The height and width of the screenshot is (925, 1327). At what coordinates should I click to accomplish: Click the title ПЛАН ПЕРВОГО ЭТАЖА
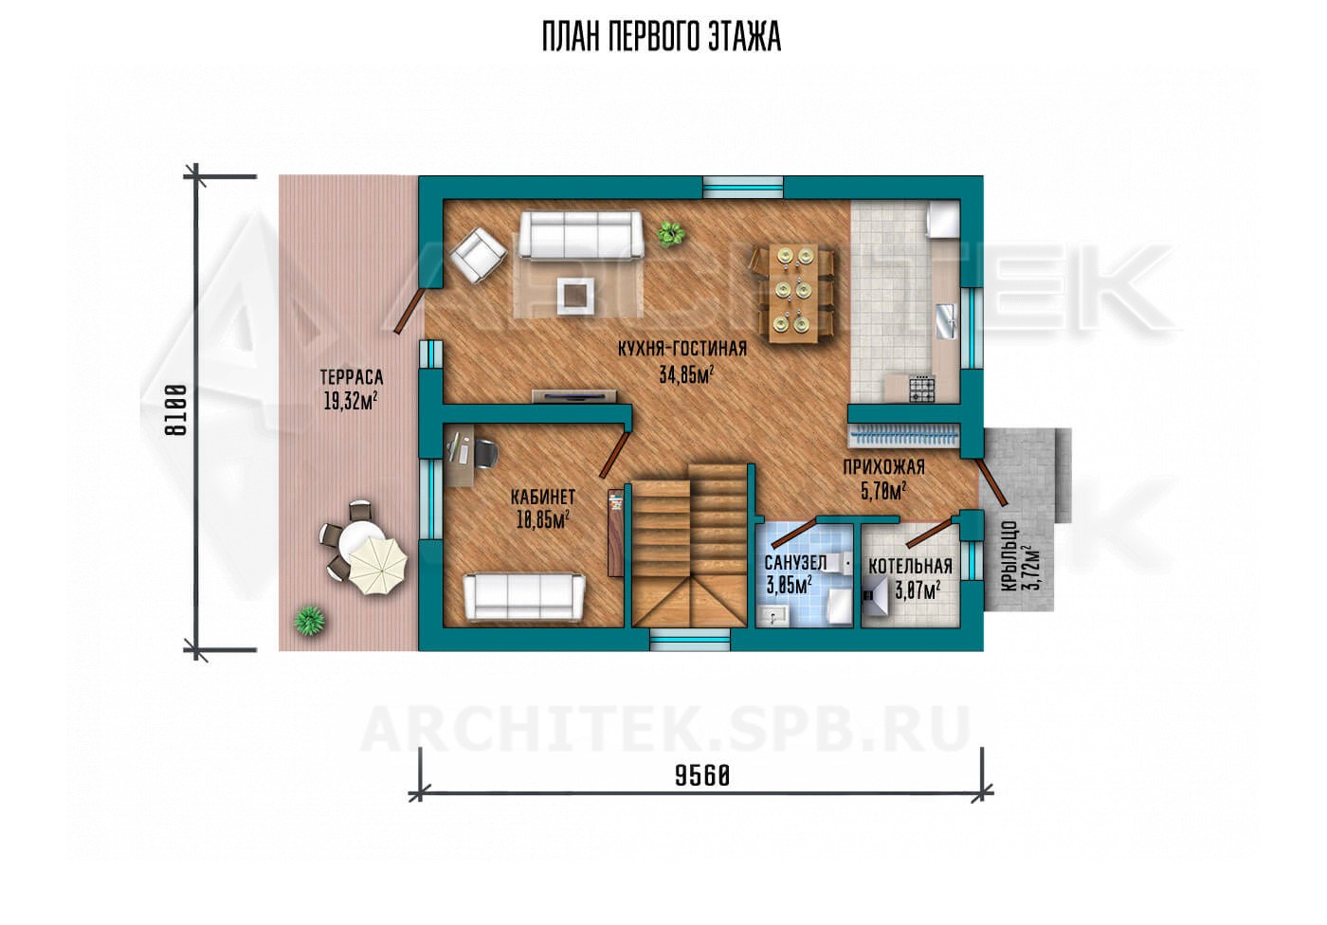pyautogui.click(x=662, y=37)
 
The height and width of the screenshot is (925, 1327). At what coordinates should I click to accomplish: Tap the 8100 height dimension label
pyautogui.click(x=176, y=410)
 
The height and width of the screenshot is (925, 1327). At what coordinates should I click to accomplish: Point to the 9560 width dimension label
pyautogui.click(x=702, y=776)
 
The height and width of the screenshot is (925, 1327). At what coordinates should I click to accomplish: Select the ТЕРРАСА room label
pyautogui.click(x=352, y=377)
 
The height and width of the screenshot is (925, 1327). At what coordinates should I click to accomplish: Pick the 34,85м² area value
pyautogui.click(x=686, y=374)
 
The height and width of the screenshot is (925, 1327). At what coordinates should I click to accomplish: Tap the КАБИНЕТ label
pyautogui.click(x=542, y=498)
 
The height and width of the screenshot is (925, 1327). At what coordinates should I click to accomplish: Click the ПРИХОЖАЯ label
pyautogui.click(x=883, y=467)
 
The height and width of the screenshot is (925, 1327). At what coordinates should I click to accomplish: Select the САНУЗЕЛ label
pyautogui.click(x=795, y=563)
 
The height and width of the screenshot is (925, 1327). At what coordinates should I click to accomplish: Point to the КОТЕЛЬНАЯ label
pyautogui.click(x=911, y=566)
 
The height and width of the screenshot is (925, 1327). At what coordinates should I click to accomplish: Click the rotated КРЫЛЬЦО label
pyautogui.click(x=1010, y=556)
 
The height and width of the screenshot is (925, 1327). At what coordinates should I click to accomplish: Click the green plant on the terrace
pyautogui.click(x=309, y=621)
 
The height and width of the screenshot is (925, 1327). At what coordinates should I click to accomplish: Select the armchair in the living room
pyautogui.click(x=479, y=256)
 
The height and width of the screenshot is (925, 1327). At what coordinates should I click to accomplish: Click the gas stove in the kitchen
pyautogui.click(x=921, y=389)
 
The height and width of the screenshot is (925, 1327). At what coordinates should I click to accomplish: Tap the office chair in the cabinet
pyautogui.click(x=484, y=454)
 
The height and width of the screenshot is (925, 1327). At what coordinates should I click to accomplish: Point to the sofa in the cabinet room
pyautogui.click(x=524, y=597)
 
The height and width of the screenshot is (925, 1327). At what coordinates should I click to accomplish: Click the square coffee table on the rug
pyautogui.click(x=576, y=296)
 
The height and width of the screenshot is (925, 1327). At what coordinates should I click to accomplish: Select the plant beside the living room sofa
pyautogui.click(x=671, y=233)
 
